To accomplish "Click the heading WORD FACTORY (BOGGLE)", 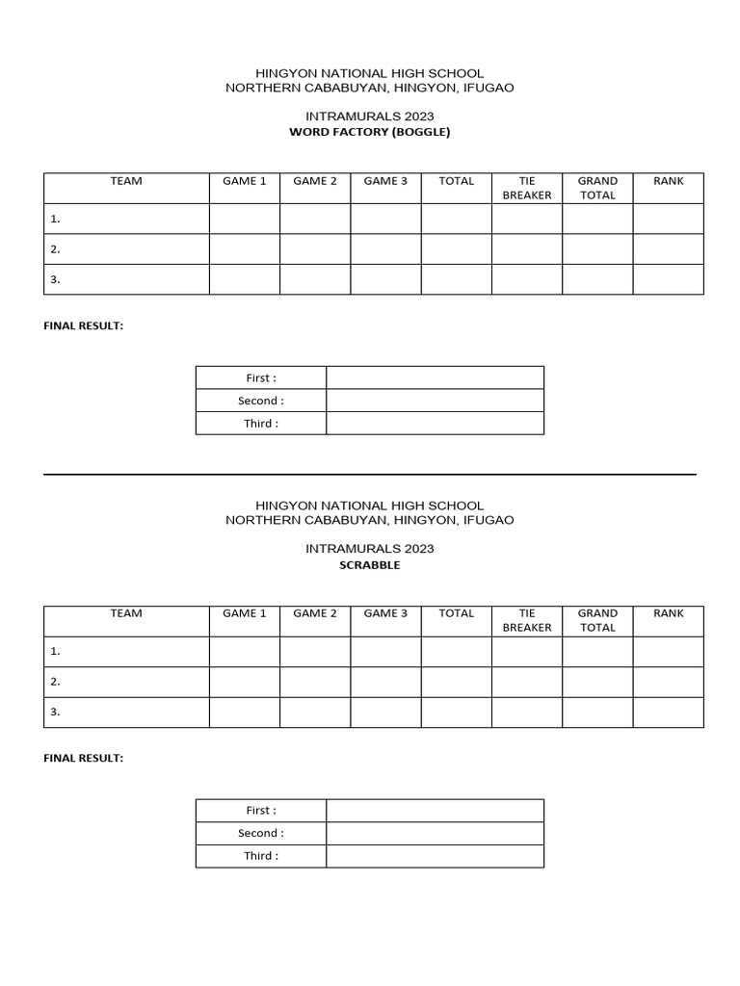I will (x=369, y=132).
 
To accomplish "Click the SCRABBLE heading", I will (x=369, y=565).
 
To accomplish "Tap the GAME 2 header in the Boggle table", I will (x=315, y=181).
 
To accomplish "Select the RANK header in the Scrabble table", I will (x=668, y=613).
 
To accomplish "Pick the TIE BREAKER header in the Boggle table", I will (x=527, y=188).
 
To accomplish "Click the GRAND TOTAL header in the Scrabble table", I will (x=597, y=620).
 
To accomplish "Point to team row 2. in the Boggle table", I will (x=56, y=248).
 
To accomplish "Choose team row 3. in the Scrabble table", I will (x=56, y=712).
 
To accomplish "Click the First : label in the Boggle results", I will (x=261, y=377).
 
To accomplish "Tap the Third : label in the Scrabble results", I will (x=261, y=856).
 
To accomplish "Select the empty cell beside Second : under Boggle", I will (x=435, y=401).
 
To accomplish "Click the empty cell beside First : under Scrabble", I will (x=435, y=810).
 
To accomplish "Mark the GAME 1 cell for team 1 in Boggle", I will (x=245, y=219).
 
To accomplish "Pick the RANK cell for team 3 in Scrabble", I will (x=668, y=712).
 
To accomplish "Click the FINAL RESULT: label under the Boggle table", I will (x=84, y=325).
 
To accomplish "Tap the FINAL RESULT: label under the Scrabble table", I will (x=84, y=758).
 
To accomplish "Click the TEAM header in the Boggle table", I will (x=126, y=181).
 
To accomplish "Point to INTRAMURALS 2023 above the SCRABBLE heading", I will (x=369, y=549).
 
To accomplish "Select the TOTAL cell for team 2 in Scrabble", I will (x=457, y=682).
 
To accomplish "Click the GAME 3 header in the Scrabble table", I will (x=385, y=613).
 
